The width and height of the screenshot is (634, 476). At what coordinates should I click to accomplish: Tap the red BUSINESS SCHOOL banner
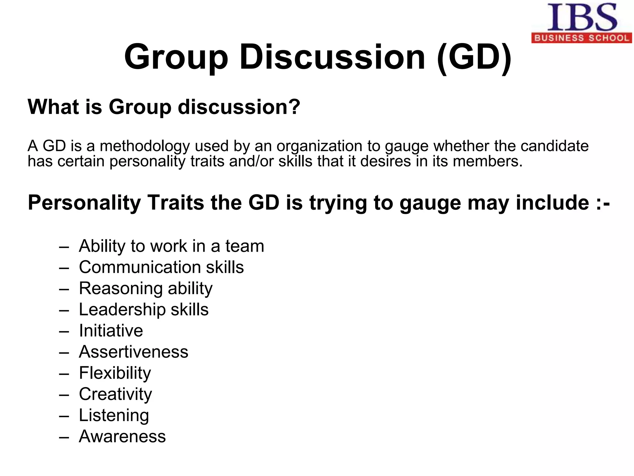[x=582, y=38]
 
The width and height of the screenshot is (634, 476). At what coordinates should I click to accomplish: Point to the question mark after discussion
[x=294, y=107]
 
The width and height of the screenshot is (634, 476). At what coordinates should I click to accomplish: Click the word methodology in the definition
[x=145, y=147]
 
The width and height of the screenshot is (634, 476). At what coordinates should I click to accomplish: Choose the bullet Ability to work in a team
[x=171, y=246]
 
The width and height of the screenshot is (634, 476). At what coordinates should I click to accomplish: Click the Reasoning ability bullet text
[x=145, y=289]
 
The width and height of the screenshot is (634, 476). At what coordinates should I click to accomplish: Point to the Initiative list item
[x=111, y=331]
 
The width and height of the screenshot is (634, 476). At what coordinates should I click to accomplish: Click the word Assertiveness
[x=133, y=352]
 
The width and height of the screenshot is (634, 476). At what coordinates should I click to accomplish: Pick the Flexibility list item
[x=115, y=373]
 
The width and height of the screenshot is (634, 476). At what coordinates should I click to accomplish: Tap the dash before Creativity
[x=64, y=394]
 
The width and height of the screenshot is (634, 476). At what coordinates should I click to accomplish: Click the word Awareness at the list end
[x=122, y=436]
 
